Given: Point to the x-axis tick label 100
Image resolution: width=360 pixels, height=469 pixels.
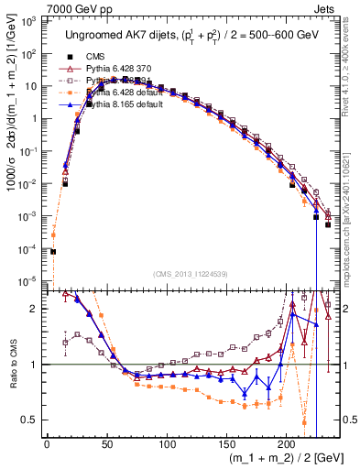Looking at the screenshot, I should coord(167,445).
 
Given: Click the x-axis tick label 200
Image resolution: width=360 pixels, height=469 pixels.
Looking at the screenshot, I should coord(286,445).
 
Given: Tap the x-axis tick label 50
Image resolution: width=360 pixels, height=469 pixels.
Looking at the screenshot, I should coord(106,445).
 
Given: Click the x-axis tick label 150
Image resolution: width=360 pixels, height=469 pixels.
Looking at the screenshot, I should coord(226,445).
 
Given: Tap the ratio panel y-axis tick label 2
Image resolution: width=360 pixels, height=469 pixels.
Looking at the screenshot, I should coord(37,310).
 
